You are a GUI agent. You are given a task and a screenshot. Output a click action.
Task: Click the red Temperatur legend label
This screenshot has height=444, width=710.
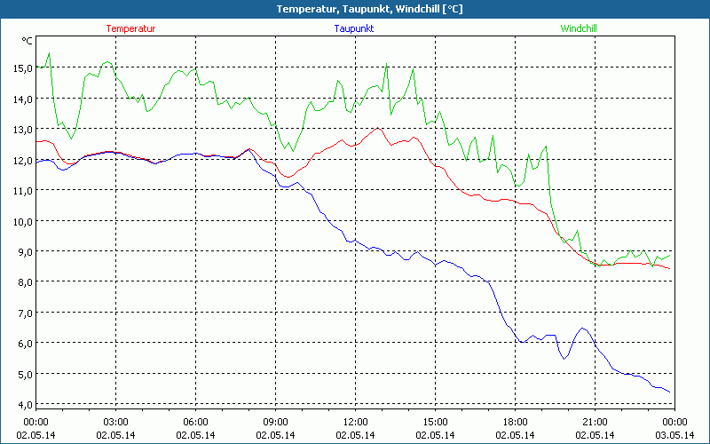130,28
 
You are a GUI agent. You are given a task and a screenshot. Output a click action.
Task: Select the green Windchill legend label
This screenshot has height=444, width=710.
579,28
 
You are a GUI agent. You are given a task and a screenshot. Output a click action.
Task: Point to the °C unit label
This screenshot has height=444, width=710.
28,41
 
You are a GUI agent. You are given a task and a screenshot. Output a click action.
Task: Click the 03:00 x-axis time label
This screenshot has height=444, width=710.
116,422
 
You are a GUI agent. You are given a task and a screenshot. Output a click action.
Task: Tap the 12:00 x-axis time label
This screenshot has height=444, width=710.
355,422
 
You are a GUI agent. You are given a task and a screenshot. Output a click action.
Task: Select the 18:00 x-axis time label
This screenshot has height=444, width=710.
515,422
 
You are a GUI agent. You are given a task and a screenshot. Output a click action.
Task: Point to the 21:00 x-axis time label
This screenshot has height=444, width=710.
595,422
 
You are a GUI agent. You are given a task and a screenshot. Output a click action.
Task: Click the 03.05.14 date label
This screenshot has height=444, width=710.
674,434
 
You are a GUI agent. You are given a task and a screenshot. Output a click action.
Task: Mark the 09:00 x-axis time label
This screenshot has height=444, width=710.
275,422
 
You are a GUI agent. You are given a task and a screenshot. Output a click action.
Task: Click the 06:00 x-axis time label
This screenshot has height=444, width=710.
195,422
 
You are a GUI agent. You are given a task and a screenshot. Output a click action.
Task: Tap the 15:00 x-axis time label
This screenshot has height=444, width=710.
435,422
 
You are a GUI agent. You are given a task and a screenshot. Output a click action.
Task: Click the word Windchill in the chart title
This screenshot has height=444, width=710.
398,9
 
